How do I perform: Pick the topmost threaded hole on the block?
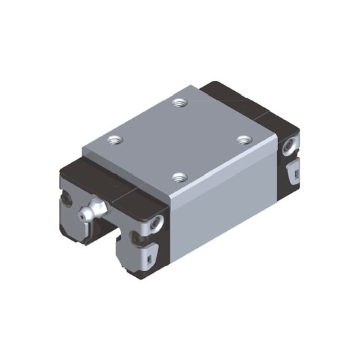tap(179, 103)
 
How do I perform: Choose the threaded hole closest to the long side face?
tap(179, 178)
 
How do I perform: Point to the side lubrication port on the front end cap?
tap(158, 221)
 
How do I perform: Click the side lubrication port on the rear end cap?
tap(290, 144)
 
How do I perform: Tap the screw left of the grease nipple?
tap(67, 200)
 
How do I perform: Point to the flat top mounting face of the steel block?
tap(180, 139)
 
